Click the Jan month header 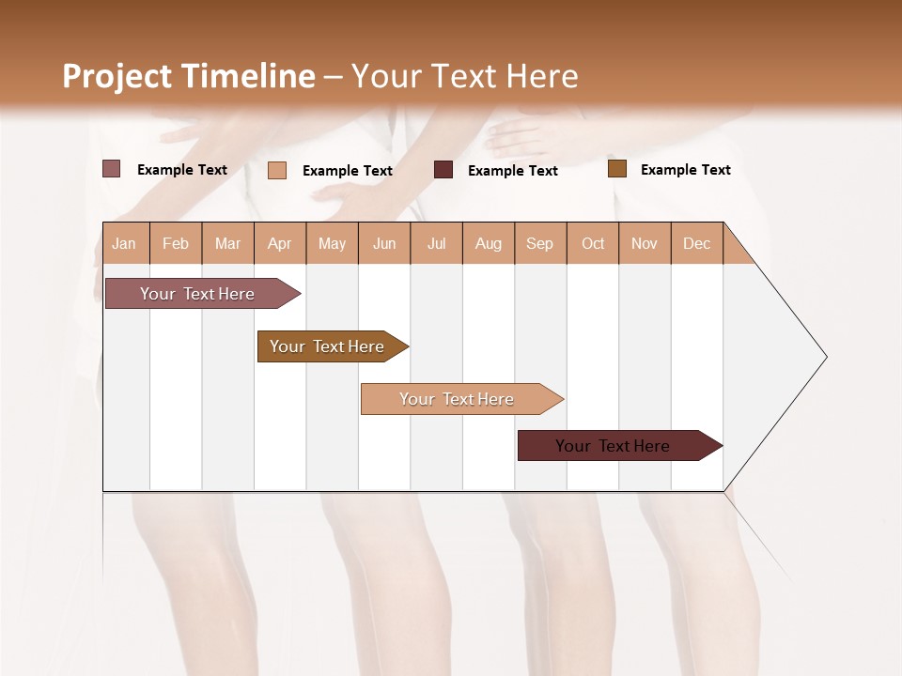(x=124, y=243)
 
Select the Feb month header (x=176, y=243)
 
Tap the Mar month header (x=227, y=243)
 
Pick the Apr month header (x=280, y=243)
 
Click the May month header (x=332, y=243)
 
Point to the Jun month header (x=384, y=243)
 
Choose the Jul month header (x=436, y=243)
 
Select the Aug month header (x=489, y=243)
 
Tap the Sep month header (x=540, y=243)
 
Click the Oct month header (x=593, y=243)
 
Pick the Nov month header (x=645, y=243)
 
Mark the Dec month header (x=696, y=243)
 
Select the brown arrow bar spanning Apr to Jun (x=329, y=346)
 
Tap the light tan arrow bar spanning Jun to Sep (x=458, y=399)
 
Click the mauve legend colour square (x=112, y=169)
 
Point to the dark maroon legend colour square (x=443, y=170)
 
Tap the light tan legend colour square (x=277, y=170)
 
